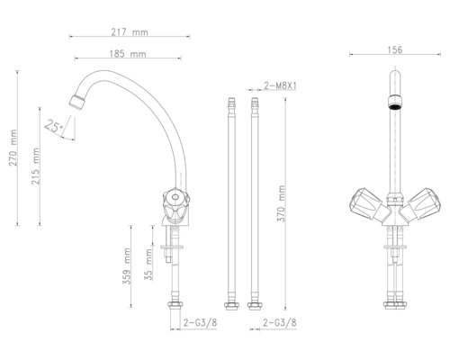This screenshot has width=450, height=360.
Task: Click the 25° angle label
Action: (x=56, y=129)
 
